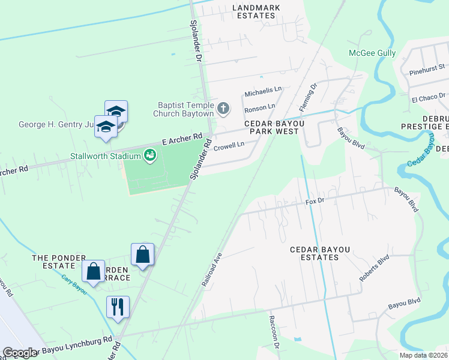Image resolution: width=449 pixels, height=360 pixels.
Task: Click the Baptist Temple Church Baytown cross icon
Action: pos(223,109)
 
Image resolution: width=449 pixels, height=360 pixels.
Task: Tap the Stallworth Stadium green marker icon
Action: pos(151,157)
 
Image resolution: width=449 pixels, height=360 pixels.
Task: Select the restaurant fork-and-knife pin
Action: pos(118,307)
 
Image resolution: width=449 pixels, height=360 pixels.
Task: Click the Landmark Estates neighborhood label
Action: pos(260,12)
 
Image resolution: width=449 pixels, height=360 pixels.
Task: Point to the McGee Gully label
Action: pos(372,53)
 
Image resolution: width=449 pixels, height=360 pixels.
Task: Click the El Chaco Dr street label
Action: pos(428,97)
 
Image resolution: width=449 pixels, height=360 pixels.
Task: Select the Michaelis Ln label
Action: pos(262,92)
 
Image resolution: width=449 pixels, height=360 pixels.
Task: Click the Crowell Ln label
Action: pos(229,145)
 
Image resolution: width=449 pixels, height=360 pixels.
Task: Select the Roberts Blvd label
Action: pos(375,269)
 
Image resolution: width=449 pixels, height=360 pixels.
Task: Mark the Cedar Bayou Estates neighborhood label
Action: pos(314,253)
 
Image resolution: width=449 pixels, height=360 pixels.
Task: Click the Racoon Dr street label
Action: pos(274,341)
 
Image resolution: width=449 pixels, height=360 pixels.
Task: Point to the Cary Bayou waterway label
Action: pos(74,285)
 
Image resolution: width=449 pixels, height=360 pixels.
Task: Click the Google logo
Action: pos(20,353)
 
